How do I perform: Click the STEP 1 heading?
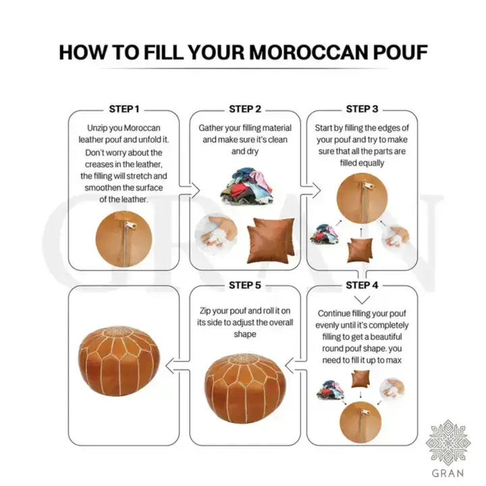124,109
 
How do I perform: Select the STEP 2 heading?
245,109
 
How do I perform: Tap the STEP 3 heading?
362,109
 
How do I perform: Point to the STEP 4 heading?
362,284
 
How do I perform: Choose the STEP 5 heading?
245,284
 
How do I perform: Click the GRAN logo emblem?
446,439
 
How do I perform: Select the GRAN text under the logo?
446,473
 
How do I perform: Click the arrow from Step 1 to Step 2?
193,191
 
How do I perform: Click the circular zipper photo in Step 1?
124,234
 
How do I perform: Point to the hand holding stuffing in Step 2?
215,236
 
